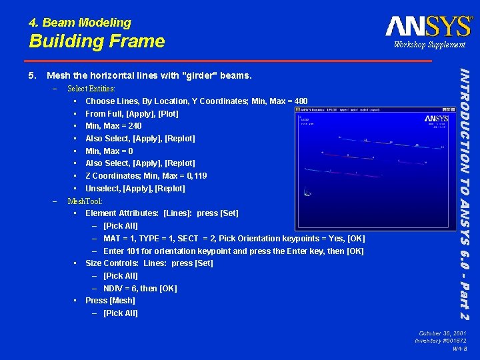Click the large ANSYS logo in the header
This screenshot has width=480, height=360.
click(429, 26)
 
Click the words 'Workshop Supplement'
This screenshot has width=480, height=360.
click(429, 45)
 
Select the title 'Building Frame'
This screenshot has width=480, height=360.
click(97, 41)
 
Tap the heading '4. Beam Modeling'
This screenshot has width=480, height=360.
click(80, 23)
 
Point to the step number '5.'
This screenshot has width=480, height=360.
click(33, 76)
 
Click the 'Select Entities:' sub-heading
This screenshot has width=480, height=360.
click(91, 89)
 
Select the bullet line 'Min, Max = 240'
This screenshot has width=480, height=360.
click(113, 126)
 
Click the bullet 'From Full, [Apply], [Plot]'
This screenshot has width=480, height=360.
click(132, 113)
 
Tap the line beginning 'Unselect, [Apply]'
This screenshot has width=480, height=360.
click(135, 189)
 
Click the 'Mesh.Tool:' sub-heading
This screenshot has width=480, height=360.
click(85, 201)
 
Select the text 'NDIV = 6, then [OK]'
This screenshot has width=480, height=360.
click(140, 289)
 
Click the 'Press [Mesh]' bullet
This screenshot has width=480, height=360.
click(110, 301)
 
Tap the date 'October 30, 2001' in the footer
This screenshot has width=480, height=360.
click(442, 333)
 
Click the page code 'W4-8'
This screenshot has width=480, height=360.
click(459, 349)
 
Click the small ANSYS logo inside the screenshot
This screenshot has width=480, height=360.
click(436, 119)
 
